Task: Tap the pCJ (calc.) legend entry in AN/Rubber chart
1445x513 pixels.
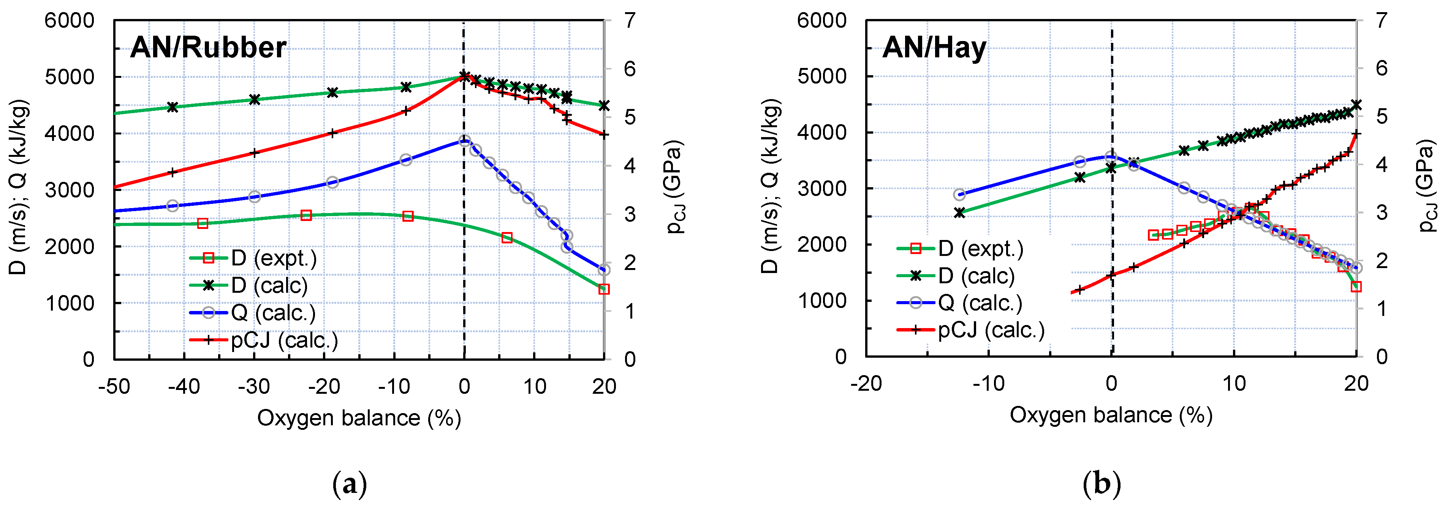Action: tap(264, 340)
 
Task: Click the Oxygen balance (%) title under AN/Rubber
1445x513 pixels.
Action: tap(359, 418)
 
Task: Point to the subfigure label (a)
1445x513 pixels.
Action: tap(350, 483)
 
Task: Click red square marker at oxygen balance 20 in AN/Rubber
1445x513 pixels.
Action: tap(604, 289)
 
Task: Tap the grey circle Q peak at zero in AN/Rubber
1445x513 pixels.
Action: tap(464, 141)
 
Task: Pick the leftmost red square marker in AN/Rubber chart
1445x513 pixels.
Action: tap(203, 223)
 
